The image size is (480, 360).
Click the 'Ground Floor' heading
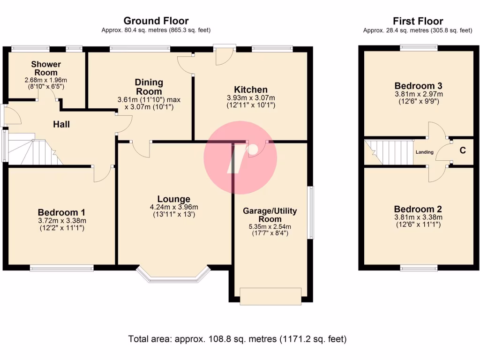[x=156, y=21]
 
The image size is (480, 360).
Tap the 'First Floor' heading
[x=418, y=21]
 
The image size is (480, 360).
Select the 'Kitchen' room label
[x=251, y=90]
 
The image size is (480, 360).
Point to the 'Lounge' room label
[x=173, y=199]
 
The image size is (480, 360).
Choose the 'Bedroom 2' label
[x=418, y=209]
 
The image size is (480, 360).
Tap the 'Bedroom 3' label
[x=418, y=86]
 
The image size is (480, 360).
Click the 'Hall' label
[x=61, y=124]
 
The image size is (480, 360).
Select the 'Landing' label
[x=424, y=152]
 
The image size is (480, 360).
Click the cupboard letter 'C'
[x=462, y=150]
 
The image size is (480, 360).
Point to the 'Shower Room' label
[x=46, y=68]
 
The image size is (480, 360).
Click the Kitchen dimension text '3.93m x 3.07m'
[x=251, y=98]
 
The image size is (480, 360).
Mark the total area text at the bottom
[x=238, y=338]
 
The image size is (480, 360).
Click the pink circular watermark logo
[x=240, y=158]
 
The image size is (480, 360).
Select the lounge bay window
[x=174, y=277]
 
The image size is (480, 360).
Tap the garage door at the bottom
[x=270, y=296]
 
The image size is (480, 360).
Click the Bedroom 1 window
[x=61, y=268]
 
